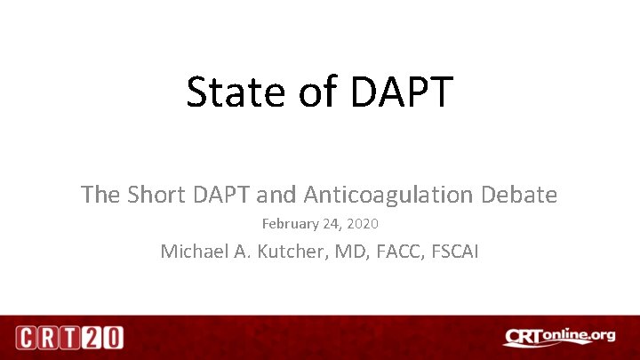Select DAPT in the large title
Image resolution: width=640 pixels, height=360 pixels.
(x=404, y=92)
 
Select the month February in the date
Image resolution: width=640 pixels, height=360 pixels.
(x=292, y=224)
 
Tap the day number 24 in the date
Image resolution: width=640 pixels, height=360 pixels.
(x=332, y=224)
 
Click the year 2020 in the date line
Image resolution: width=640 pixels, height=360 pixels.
(x=363, y=224)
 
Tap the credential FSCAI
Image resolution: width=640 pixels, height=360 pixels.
(x=455, y=252)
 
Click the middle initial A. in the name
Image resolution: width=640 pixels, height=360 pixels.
(x=244, y=252)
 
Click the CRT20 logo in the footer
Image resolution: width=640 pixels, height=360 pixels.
(x=69, y=338)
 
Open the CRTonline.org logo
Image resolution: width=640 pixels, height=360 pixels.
(x=559, y=337)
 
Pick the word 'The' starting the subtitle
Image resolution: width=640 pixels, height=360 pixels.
(x=100, y=194)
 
